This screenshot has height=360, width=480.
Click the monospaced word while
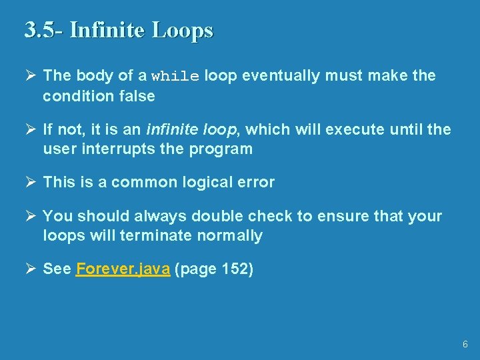pyautogui.click(x=175, y=77)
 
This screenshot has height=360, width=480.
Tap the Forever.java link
pyautogui.click(x=123, y=269)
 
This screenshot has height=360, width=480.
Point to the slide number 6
pyautogui.click(x=465, y=344)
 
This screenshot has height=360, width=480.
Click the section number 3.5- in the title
pyautogui.click(x=43, y=31)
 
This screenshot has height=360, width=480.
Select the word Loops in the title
pyautogui.click(x=182, y=31)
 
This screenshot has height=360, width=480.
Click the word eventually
pyautogui.click(x=281, y=76)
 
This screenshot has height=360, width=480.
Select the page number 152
pyautogui.click(x=234, y=269)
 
